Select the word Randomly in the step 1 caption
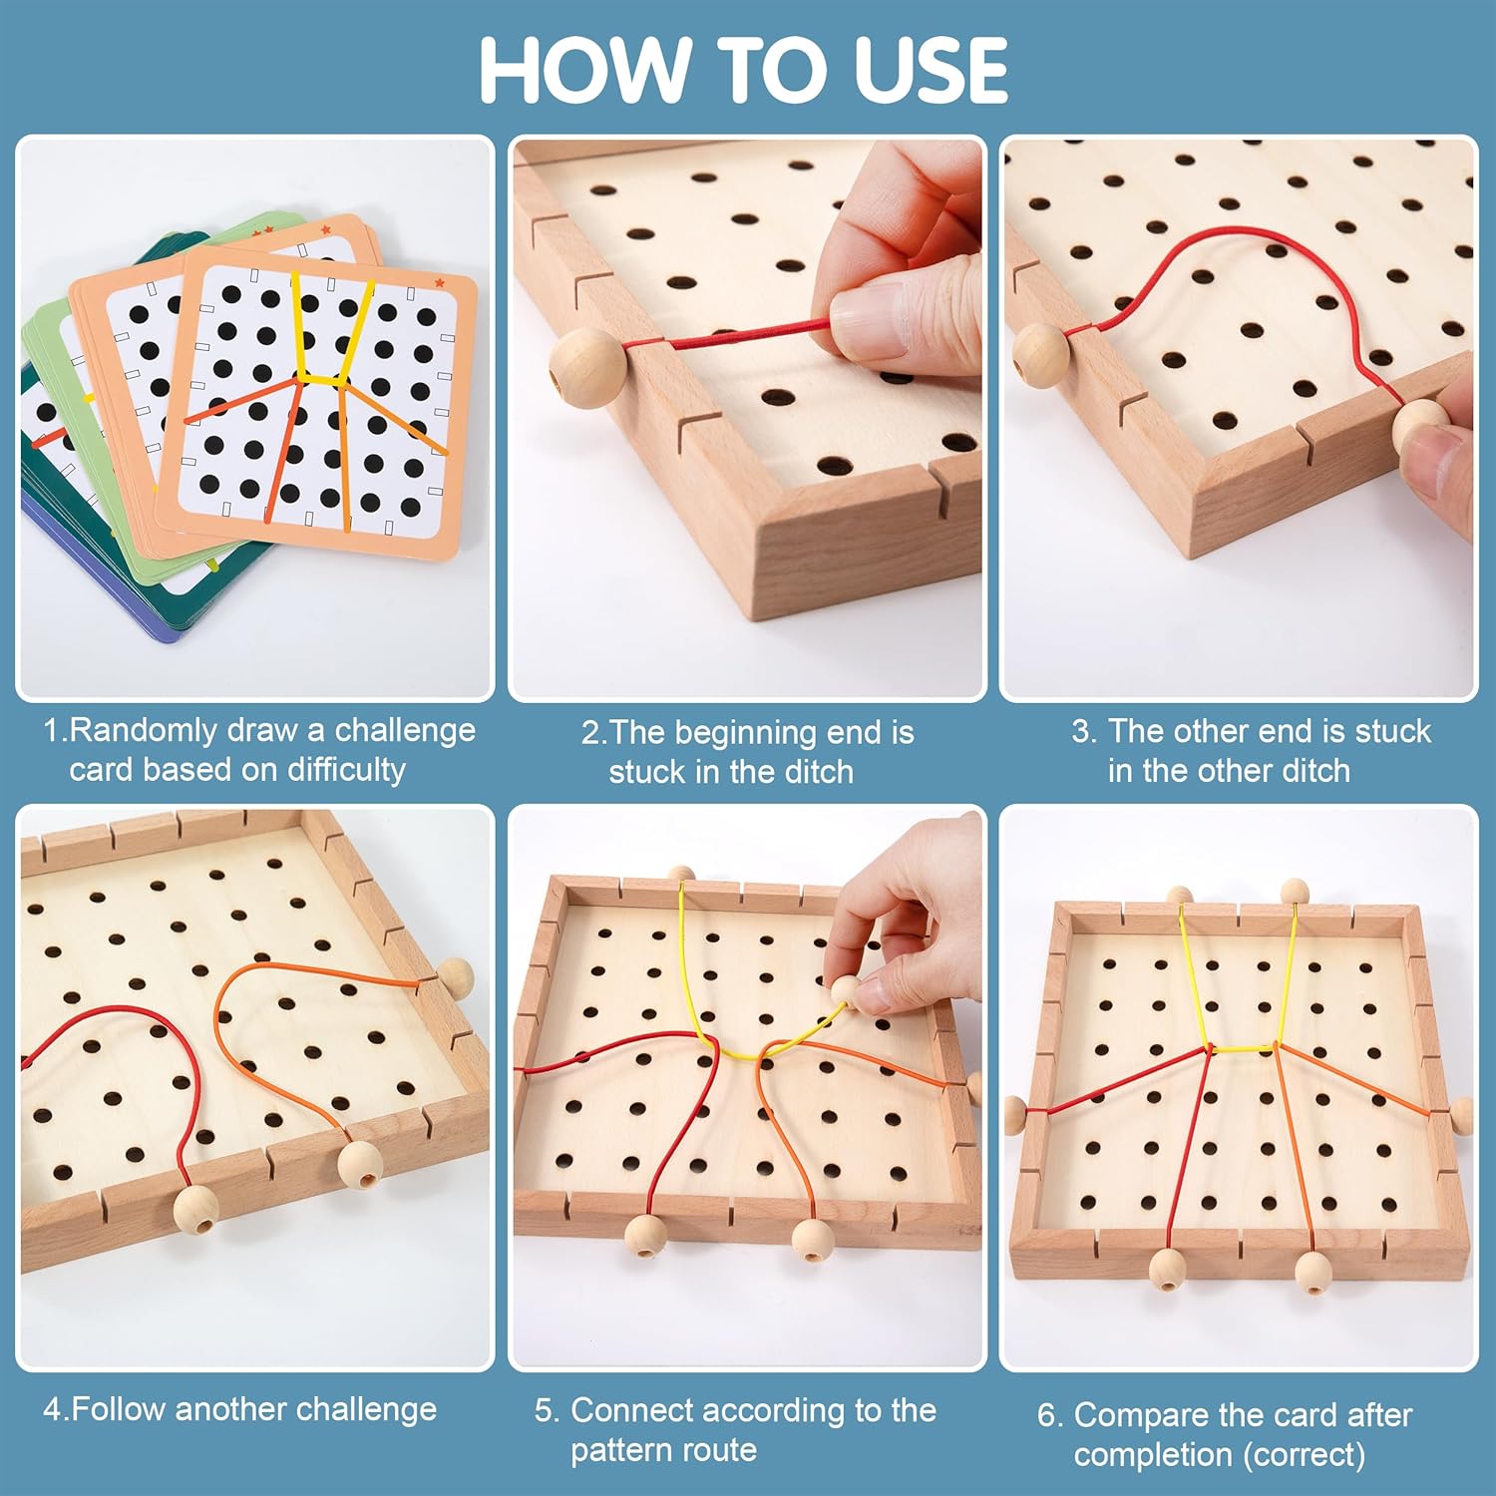[x=144, y=731]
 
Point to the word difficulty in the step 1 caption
[x=346, y=770]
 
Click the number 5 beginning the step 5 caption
[x=545, y=1411]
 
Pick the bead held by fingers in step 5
[x=846, y=990]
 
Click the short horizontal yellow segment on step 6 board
[x=1244, y=1048]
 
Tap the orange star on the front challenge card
[x=439, y=283]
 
